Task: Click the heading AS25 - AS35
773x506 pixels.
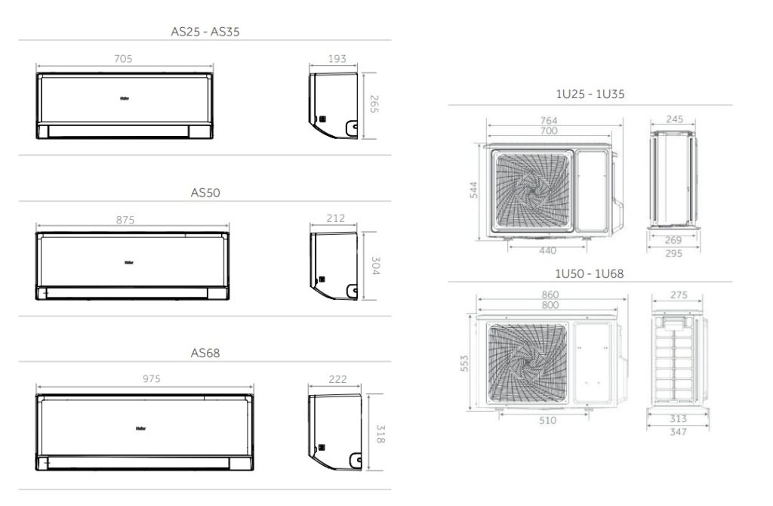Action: pyautogui.click(x=205, y=32)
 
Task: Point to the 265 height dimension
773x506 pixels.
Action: pyautogui.click(x=374, y=105)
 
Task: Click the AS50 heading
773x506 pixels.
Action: pyautogui.click(x=205, y=193)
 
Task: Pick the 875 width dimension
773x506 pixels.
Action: pyautogui.click(x=125, y=220)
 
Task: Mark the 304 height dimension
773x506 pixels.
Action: pyautogui.click(x=375, y=266)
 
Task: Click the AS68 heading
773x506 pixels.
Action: pyautogui.click(x=205, y=353)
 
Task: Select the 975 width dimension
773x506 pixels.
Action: pyautogui.click(x=150, y=379)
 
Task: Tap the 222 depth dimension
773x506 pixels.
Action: pyautogui.click(x=338, y=379)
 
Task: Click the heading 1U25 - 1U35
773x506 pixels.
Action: pyautogui.click(x=590, y=94)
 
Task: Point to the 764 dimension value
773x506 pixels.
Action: pyautogui.click(x=549, y=121)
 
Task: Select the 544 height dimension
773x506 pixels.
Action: pyautogui.click(x=474, y=190)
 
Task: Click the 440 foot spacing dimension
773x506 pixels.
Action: pyautogui.click(x=549, y=250)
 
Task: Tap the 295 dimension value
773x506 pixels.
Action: pyautogui.click(x=674, y=254)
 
